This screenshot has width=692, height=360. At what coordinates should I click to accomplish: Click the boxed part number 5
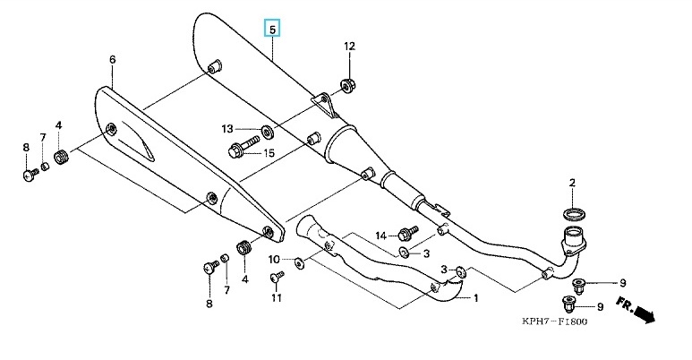tap(272, 29)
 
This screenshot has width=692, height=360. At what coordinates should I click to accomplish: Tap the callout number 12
tap(349, 46)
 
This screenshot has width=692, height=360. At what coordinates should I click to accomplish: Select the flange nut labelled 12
tap(348, 84)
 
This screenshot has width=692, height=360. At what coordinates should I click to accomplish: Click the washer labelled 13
tap(267, 132)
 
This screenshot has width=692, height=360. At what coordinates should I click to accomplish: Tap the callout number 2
tap(572, 182)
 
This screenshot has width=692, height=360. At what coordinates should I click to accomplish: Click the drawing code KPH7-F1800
tap(555, 321)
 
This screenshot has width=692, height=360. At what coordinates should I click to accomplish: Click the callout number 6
tap(112, 59)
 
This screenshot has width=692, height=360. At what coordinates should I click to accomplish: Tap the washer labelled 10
tap(299, 262)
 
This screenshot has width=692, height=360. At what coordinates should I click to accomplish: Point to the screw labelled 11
tap(277, 277)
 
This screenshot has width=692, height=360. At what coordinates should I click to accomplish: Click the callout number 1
tap(475, 298)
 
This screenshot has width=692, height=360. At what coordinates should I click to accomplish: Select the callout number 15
tap(269, 153)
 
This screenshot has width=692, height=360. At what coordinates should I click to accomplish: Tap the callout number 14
tap(380, 236)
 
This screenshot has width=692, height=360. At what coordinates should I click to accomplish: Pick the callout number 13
tap(226, 129)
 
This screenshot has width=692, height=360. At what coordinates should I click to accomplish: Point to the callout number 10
tap(274, 260)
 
